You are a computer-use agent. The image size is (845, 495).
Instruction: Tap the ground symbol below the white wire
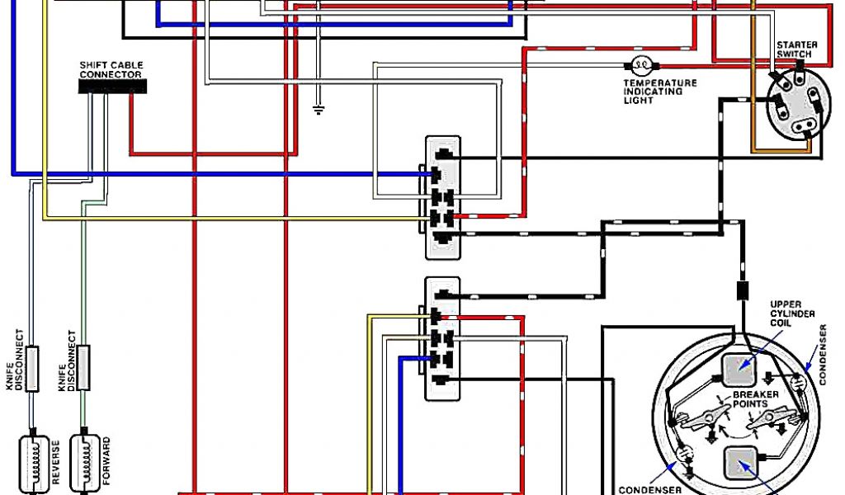319,108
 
